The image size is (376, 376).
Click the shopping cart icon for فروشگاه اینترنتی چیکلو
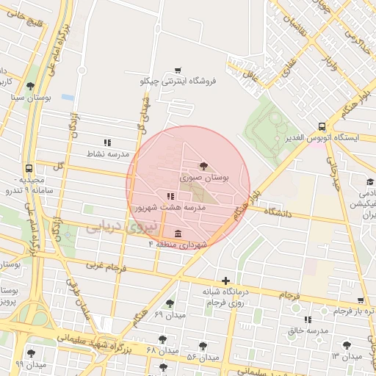(177, 70)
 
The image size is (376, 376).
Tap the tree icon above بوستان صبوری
(204, 166)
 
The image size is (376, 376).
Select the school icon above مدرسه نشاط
(108, 142)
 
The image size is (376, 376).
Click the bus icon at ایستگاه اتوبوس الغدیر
(322, 126)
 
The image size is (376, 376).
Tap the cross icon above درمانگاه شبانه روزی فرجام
(225, 280)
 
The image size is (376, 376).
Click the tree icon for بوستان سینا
(30, 86)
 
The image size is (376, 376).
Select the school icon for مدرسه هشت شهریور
(170, 196)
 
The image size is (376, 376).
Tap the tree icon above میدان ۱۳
(346, 344)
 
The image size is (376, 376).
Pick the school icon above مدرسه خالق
(308, 319)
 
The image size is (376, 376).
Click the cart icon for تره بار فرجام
(359, 300)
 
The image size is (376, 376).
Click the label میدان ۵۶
(203, 357)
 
